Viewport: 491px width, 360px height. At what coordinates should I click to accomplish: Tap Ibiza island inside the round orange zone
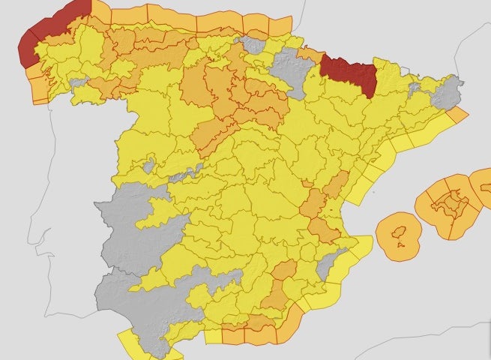[x=400, y=230]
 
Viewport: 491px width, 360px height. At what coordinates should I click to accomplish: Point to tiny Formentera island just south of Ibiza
[x=403, y=244]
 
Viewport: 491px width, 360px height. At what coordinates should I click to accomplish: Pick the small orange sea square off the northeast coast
[x=458, y=114]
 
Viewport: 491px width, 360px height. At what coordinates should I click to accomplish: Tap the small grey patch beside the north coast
[x=254, y=45]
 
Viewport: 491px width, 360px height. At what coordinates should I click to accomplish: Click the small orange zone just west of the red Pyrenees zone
[x=309, y=54]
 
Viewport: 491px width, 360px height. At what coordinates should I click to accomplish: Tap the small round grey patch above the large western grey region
[x=149, y=165]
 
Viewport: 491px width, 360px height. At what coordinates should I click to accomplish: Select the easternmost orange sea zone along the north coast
[x=278, y=27]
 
